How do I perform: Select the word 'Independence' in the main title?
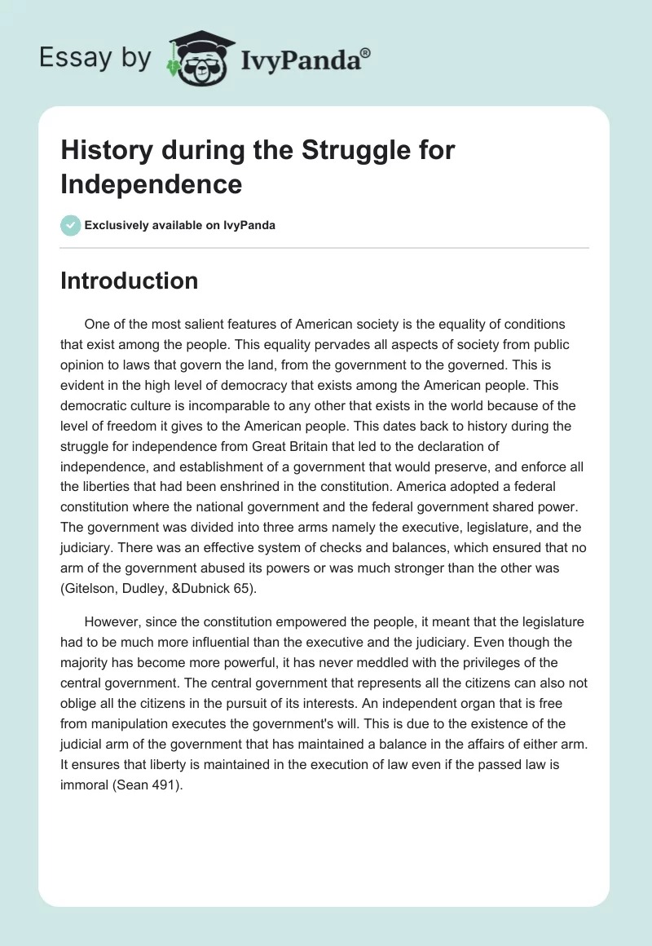152,183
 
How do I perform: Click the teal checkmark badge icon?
70,225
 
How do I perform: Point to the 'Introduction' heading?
129,281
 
